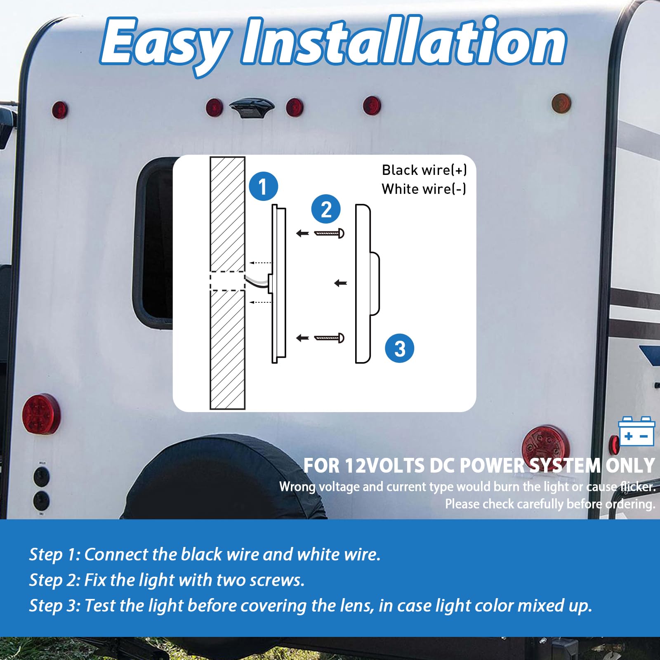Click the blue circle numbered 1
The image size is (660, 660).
[x=263, y=186]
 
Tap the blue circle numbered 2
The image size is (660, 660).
[x=326, y=209]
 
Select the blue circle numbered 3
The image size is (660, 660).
[x=399, y=349]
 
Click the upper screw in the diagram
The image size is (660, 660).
[x=329, y=233]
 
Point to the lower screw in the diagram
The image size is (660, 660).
[x=329, y=338]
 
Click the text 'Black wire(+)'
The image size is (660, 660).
[x=424, y=170]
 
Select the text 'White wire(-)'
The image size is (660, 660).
[x=424, y=189]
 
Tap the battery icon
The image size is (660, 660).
[x=636, y=431]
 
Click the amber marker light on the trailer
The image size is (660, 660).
[x=561, y=103]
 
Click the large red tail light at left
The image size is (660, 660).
[x=41, y=415]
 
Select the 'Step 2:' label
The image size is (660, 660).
[x=55, y=580]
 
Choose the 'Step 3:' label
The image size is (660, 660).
[x=55, y=606]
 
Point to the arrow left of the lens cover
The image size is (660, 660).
[x=340, y=283]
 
